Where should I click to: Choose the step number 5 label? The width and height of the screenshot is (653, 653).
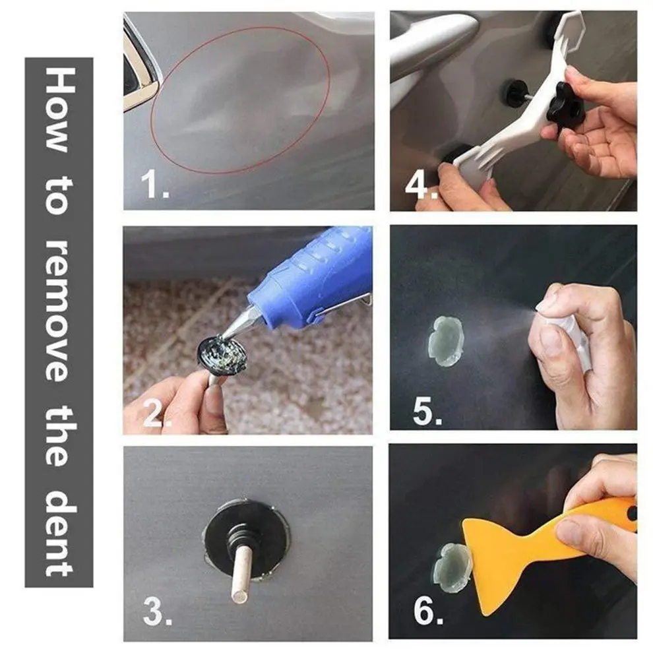[x=427, y=412]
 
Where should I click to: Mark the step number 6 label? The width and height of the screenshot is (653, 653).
[x=428, y=611]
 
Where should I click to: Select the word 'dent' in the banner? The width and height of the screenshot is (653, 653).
[x=59, y=533]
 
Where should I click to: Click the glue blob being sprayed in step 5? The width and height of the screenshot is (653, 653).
[x=446, y=340]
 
